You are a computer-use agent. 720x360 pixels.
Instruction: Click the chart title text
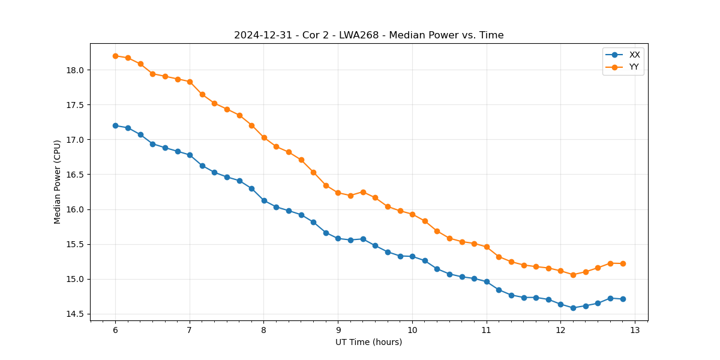pyautogui.click(x=368, y=35)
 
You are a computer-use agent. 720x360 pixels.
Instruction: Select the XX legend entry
pyautogui.click(x=634, y=55)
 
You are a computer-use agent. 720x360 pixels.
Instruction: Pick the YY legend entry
pyautogui.click(x=634, y=67)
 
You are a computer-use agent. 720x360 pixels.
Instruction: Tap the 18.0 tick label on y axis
pyautogui.click(x=75, y=70)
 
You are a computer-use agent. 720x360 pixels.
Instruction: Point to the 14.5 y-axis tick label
pyautogui.click(x=75, y=314)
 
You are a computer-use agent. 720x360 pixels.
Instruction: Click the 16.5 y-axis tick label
pyautogui.click(x=75, y=175)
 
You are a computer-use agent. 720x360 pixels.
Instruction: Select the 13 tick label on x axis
pyautogui.click(x=635, y=330)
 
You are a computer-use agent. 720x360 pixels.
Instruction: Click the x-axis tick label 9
pyautogui.click(x=338, y=330)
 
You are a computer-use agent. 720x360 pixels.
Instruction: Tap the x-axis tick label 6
pyautogui.click(x=115, y=330)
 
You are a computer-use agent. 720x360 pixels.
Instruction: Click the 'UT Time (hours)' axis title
pyautogui.click(x=368, y=342)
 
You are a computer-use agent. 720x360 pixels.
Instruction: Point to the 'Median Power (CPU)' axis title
pyautogui.click(x=58, y=182)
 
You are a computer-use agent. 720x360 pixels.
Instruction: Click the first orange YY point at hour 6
pyautogui.click(x=115, y=56)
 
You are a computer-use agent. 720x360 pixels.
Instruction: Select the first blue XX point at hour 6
pyautogui.click(x=115, y=125)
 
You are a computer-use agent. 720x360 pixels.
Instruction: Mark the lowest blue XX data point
pyautogui.click(x=573, y=308)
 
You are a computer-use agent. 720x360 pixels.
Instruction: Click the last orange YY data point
pyautogui.click(x=623, y=263)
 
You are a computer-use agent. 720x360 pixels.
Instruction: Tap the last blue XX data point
pyautogui.click(x=623, y=299)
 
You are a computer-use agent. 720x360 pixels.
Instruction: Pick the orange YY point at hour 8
pyautogui.click(x=264, y=137)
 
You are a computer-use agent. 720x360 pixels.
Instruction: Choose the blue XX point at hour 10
pyautogui.click(x=412, y=256)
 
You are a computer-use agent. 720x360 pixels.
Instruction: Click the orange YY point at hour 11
pyautogui.click(x=487, y=247)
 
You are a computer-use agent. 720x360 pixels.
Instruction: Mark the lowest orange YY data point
pyautogui.click(x=573, y=275)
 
